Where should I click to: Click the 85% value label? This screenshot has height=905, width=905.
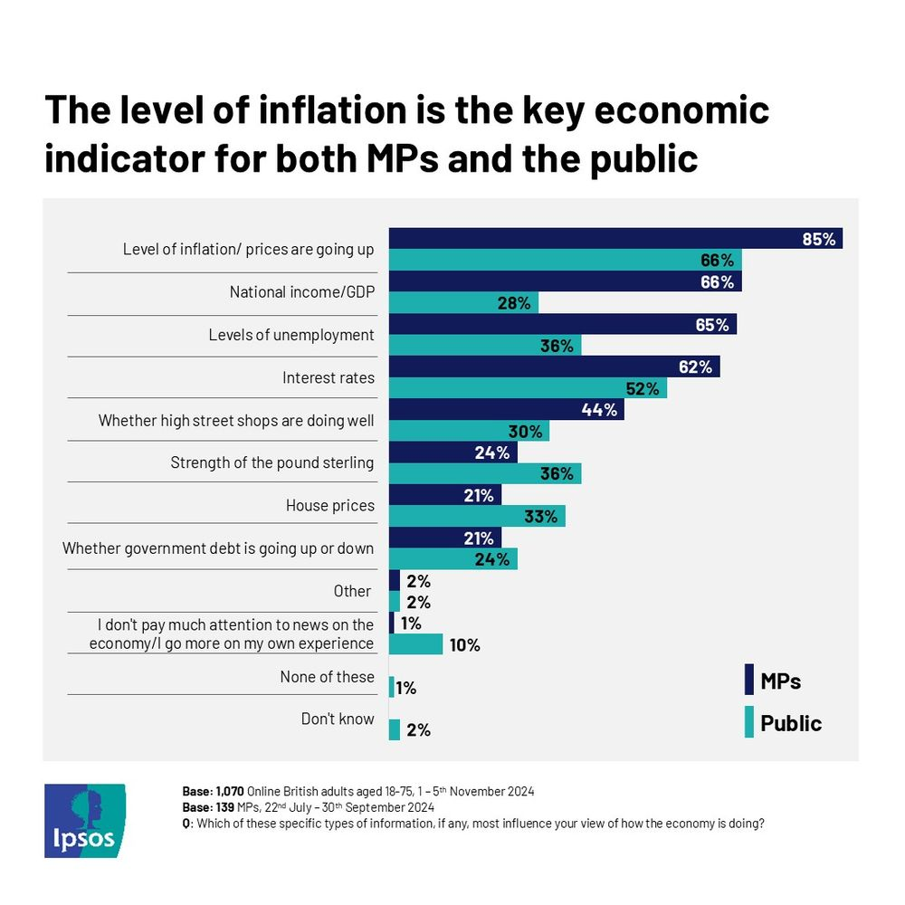[818, 240]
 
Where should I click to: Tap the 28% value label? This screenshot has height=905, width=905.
[513, 303]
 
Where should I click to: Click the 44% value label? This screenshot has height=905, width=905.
[599, 410]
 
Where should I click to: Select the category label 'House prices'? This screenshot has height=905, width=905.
[329, 505]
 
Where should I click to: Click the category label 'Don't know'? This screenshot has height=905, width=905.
[338, 719]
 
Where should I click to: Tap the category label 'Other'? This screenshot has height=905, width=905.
[352, 591]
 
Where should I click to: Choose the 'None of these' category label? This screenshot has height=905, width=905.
[327, 677]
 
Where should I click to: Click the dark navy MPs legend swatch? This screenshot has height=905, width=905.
[748, 680]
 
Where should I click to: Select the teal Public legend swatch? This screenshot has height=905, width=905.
[748, 723]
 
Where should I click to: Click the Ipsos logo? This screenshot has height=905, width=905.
[85, 820]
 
